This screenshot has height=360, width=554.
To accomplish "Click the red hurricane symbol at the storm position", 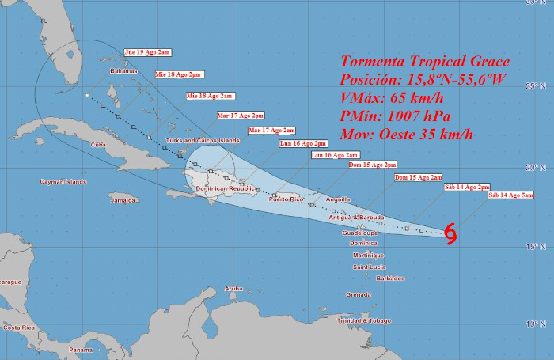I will click(x=450, y=233).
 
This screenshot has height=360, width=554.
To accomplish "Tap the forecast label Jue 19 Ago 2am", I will click(x=147, y=52).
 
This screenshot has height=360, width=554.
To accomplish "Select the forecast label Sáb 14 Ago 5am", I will click(x=511, y=195).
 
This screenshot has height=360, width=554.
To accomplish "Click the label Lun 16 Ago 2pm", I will click(x=303, y=144).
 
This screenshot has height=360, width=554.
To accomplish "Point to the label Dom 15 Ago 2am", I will click(x=418, y=178).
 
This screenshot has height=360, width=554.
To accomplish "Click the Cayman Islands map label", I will click(x=63, y=182).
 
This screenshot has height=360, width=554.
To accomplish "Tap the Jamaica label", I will click(x=123, y=200).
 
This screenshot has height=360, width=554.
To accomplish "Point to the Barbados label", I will click(x=391, y=278).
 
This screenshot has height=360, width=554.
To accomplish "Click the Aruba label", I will click(x=233, y=288).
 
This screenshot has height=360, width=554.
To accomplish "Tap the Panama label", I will click(x=80, y=350).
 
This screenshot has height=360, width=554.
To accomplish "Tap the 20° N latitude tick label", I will click(x=540, y=168).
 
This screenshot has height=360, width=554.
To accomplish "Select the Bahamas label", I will click(x=123, y=70).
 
